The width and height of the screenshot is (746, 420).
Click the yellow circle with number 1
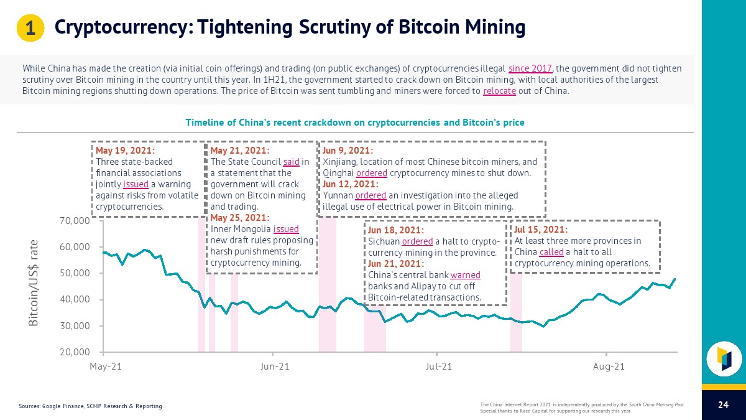(x=29, y=28)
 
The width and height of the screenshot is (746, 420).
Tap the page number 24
(x=723, y=405)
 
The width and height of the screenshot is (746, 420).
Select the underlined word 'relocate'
(x=499, y=91)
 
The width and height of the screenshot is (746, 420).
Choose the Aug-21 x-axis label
(x=609, y=366)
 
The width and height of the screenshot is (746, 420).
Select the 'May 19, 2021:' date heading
(x=125, y=151)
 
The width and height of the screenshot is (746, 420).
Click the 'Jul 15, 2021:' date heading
(x=541, y=230)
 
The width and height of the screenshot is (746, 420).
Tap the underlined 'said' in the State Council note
(x=291, y=162)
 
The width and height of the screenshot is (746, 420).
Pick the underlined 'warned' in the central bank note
(x=465, y=275)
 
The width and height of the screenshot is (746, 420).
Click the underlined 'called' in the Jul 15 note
(x=551, y=252)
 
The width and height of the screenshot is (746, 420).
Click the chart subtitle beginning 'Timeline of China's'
(x=355, y=123)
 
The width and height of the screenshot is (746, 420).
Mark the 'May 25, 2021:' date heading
(x=240, y=218)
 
